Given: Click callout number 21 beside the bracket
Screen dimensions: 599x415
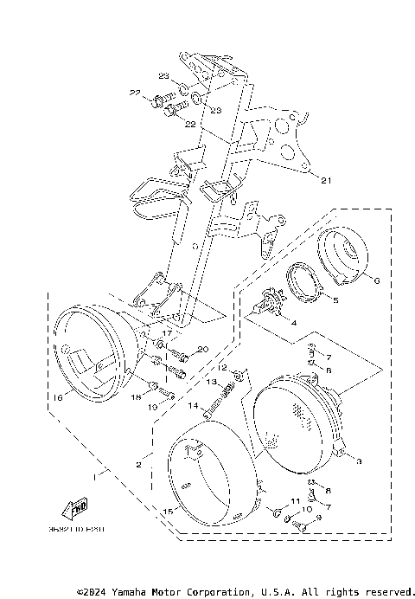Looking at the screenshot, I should (325, 181).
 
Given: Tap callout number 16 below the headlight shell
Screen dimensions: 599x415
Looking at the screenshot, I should (58, 399).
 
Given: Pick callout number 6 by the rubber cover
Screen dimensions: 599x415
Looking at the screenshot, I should (376, 280).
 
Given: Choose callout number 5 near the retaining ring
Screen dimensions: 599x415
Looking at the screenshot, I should (336, 301).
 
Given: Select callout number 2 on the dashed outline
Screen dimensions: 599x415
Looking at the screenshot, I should (138, 465).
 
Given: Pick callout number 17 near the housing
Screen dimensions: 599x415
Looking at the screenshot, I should (168, 333).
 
